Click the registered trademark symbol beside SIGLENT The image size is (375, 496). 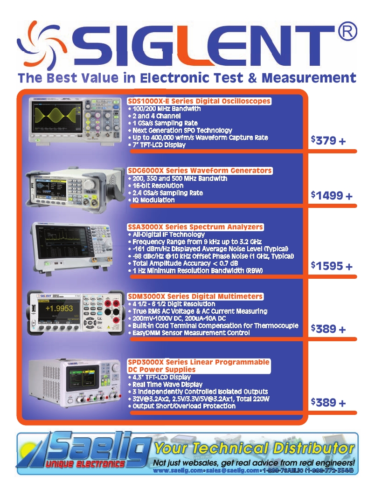[347, 32]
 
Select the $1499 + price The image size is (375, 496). [332, 196]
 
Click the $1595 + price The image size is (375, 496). [332, 266]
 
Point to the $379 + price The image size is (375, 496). [328, 140]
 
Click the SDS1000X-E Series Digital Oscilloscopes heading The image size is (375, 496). [199, 101]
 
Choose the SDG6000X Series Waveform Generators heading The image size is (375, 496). [200, 171]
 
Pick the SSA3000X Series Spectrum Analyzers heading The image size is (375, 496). [195, 227]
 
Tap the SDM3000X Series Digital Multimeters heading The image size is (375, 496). [195, 296]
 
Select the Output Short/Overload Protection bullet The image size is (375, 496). [184, 406]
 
